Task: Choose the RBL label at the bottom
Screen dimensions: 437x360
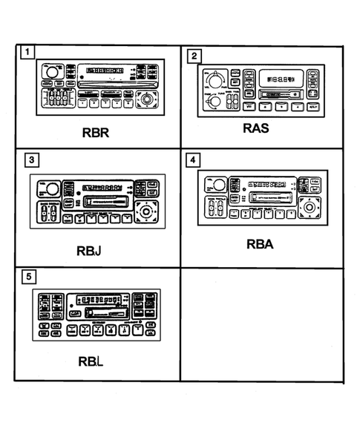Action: click(93, 364)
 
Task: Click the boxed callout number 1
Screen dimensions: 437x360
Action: click(27, 53)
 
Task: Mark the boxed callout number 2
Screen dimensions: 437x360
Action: click(194, 56)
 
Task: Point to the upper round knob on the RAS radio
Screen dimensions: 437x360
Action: click(216, 78)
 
